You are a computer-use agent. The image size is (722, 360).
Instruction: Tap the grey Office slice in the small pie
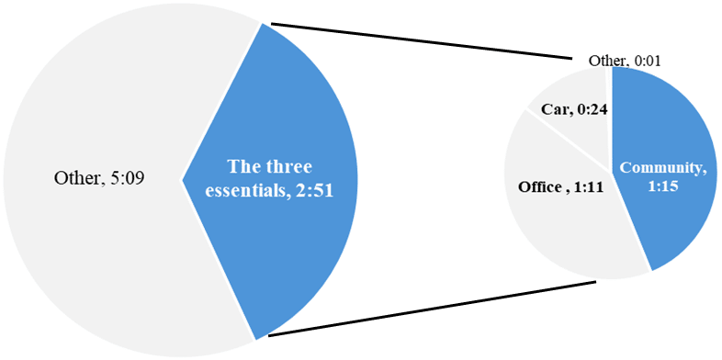(551, 230)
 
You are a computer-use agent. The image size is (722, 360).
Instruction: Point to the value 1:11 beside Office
(587, 187)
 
